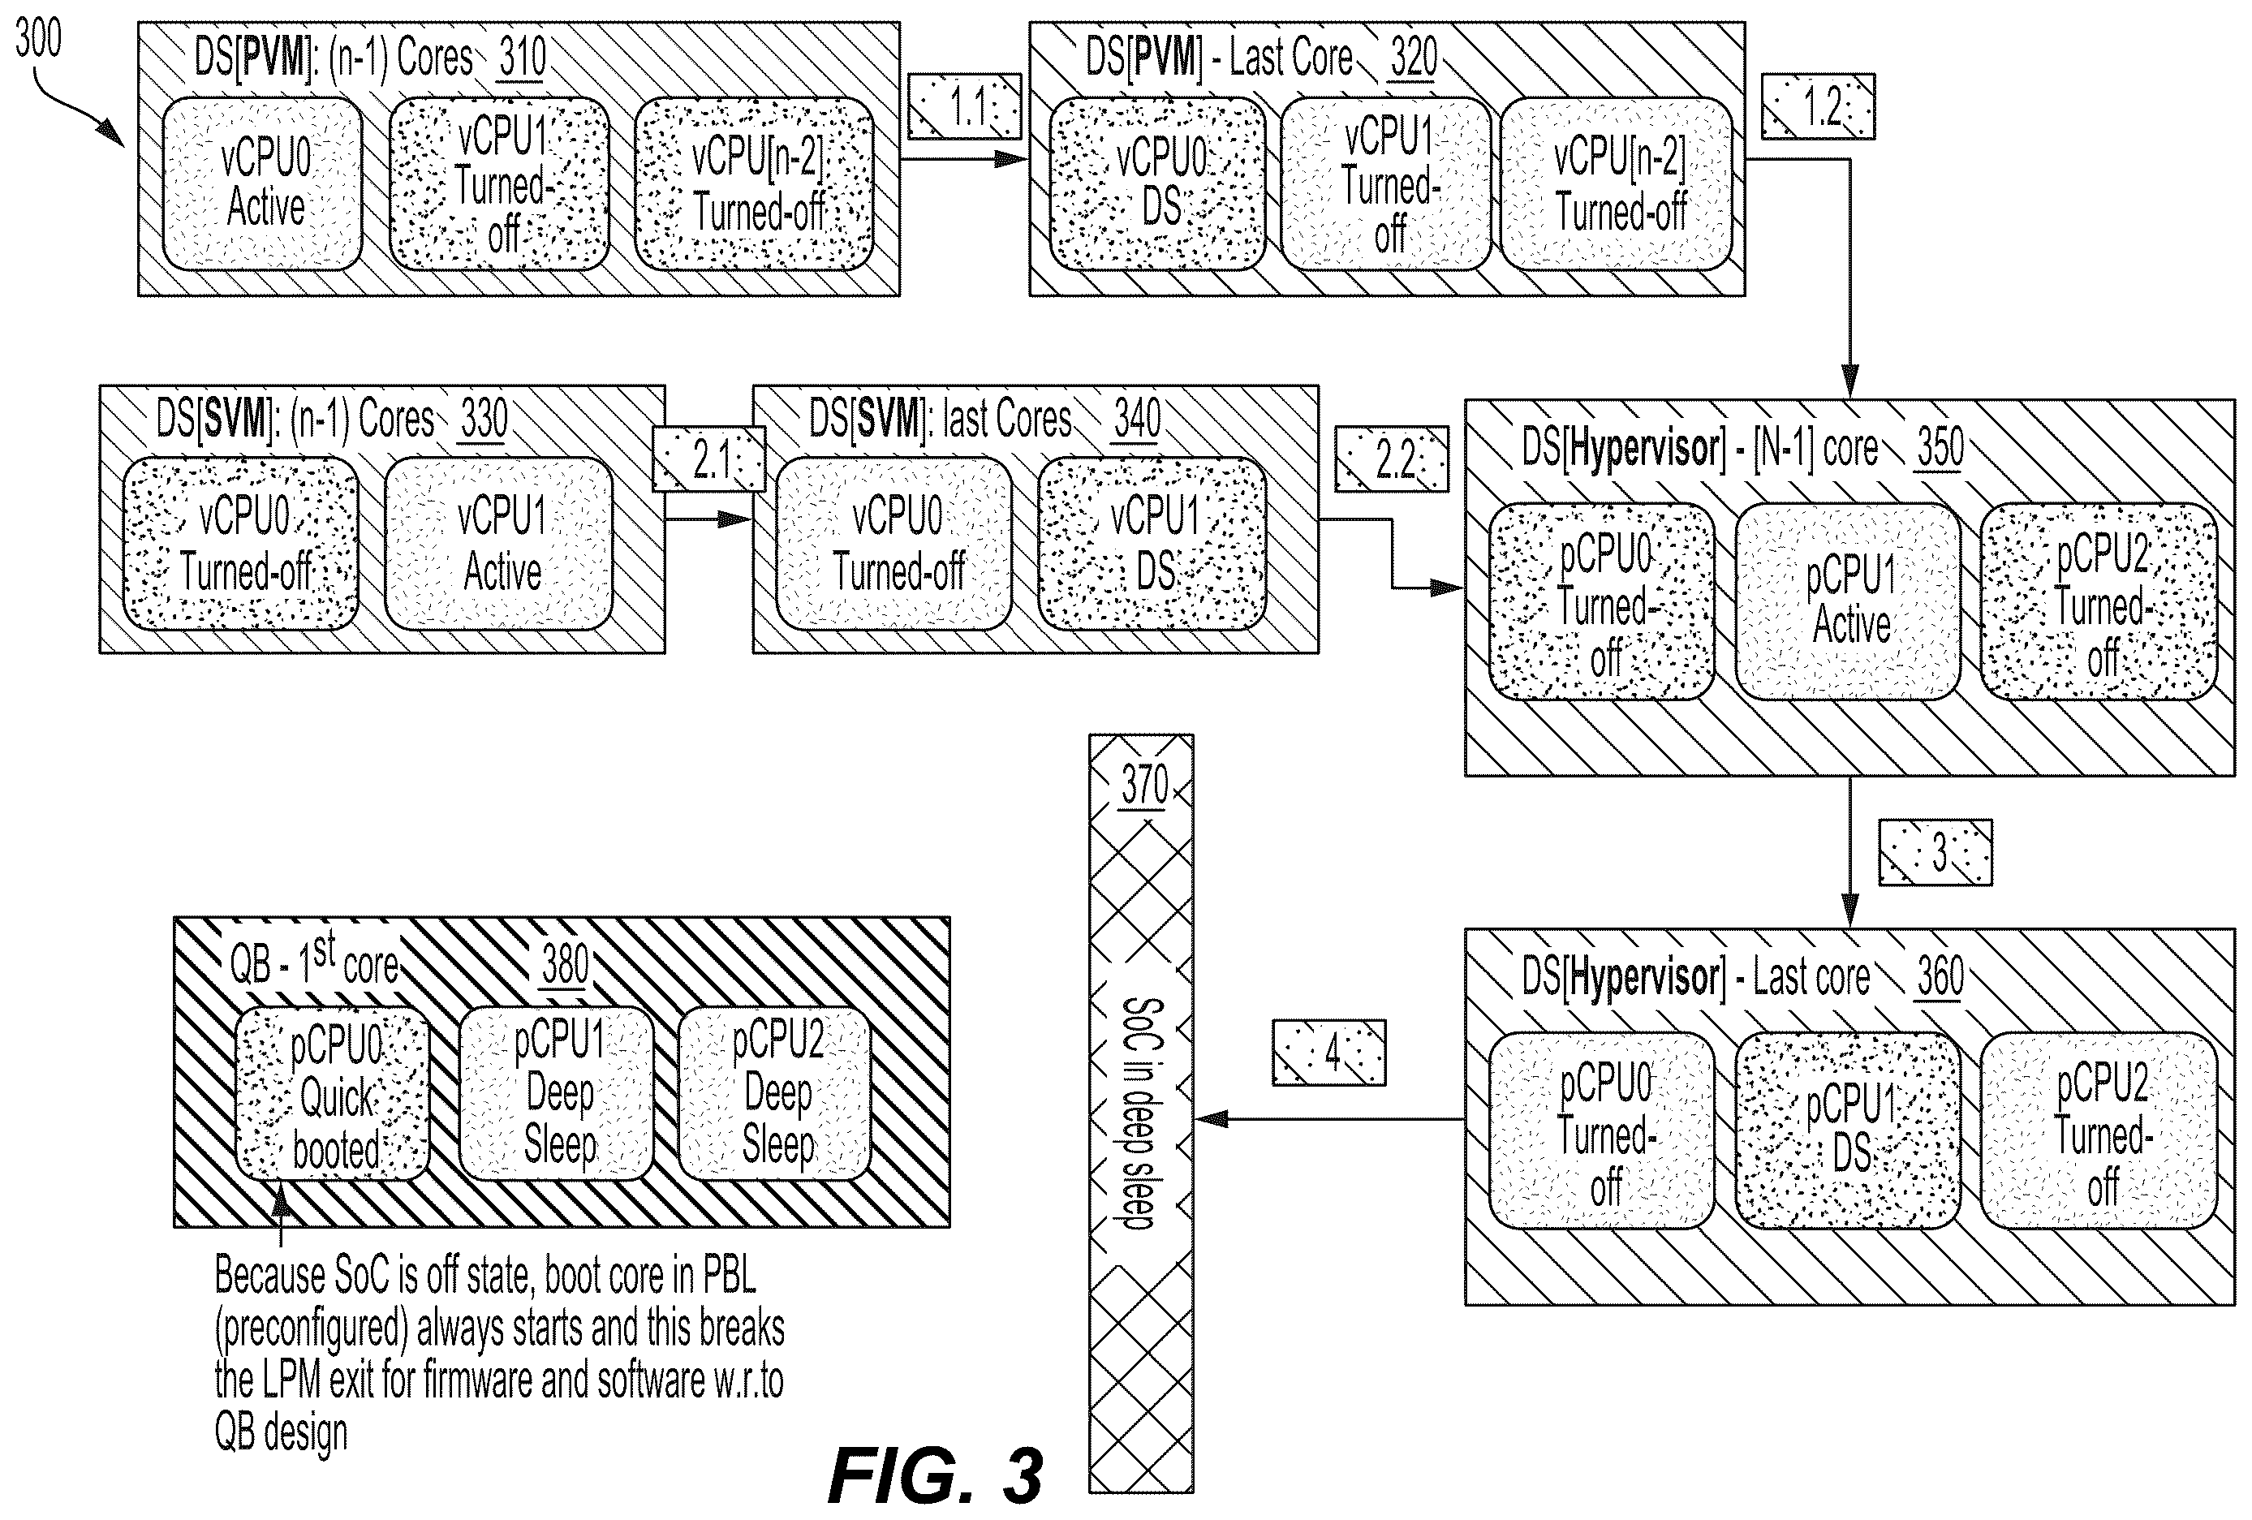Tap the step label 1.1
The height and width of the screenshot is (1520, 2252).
(965, 106)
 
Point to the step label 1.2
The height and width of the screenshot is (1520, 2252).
(1818, 106)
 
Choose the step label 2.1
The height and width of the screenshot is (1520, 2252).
(709, 459)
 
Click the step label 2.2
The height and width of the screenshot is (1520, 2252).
(1392, 459)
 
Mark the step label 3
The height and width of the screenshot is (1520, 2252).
(1936, 853)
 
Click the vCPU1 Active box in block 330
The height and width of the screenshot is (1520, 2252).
(499, 544)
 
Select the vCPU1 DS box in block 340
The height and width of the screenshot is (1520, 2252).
(1152, 544)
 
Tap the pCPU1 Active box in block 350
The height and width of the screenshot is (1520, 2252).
(1848, 601)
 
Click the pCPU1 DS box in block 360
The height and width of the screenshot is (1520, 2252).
(1848, 1130)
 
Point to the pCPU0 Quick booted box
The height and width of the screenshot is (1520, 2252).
(334, 1094)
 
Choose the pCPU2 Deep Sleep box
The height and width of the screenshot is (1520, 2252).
(774, 1094)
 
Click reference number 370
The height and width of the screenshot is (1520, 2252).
(1144, 786)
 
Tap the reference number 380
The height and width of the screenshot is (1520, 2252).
(565, 966)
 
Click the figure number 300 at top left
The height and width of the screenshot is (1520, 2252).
(39, 39)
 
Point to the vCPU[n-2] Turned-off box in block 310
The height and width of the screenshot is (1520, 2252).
(755, 183)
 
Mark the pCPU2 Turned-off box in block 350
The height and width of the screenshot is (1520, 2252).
(2099, 601)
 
